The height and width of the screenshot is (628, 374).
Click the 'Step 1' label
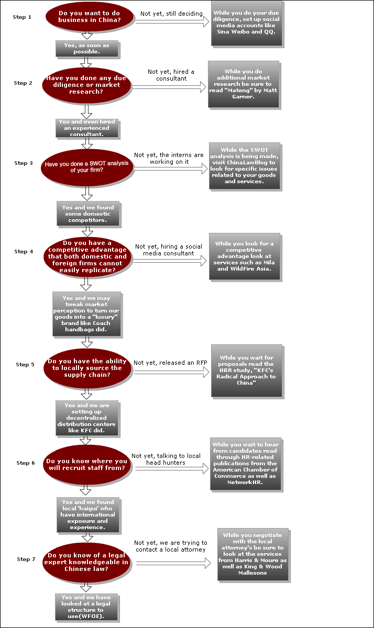[22, 17]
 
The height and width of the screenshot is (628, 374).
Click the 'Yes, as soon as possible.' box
[86, 49]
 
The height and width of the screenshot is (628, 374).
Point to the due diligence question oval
[86, 84]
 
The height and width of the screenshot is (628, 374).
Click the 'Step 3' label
[24, 163]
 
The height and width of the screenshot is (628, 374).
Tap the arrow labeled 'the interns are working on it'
[170, 169]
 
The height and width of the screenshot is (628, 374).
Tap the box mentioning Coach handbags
[86, 313]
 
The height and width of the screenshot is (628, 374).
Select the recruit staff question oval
[86, 464]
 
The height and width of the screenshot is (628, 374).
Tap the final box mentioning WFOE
[86, 607]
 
